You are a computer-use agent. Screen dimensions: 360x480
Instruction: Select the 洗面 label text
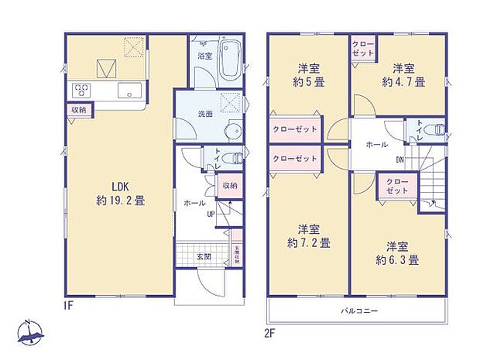[205, 114]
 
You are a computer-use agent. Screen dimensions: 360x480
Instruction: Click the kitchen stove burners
[81, 91]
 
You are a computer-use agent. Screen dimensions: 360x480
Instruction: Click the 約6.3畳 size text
[398, 260]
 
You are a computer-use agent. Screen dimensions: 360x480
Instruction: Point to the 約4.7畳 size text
[401, 81]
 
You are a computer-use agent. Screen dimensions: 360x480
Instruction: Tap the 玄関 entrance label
[203, 257]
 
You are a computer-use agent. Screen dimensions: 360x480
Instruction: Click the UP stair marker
[210, 214]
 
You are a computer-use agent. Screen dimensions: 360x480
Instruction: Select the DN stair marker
[399, 161]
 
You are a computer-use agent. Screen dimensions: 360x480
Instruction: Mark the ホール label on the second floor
[376, 145]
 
